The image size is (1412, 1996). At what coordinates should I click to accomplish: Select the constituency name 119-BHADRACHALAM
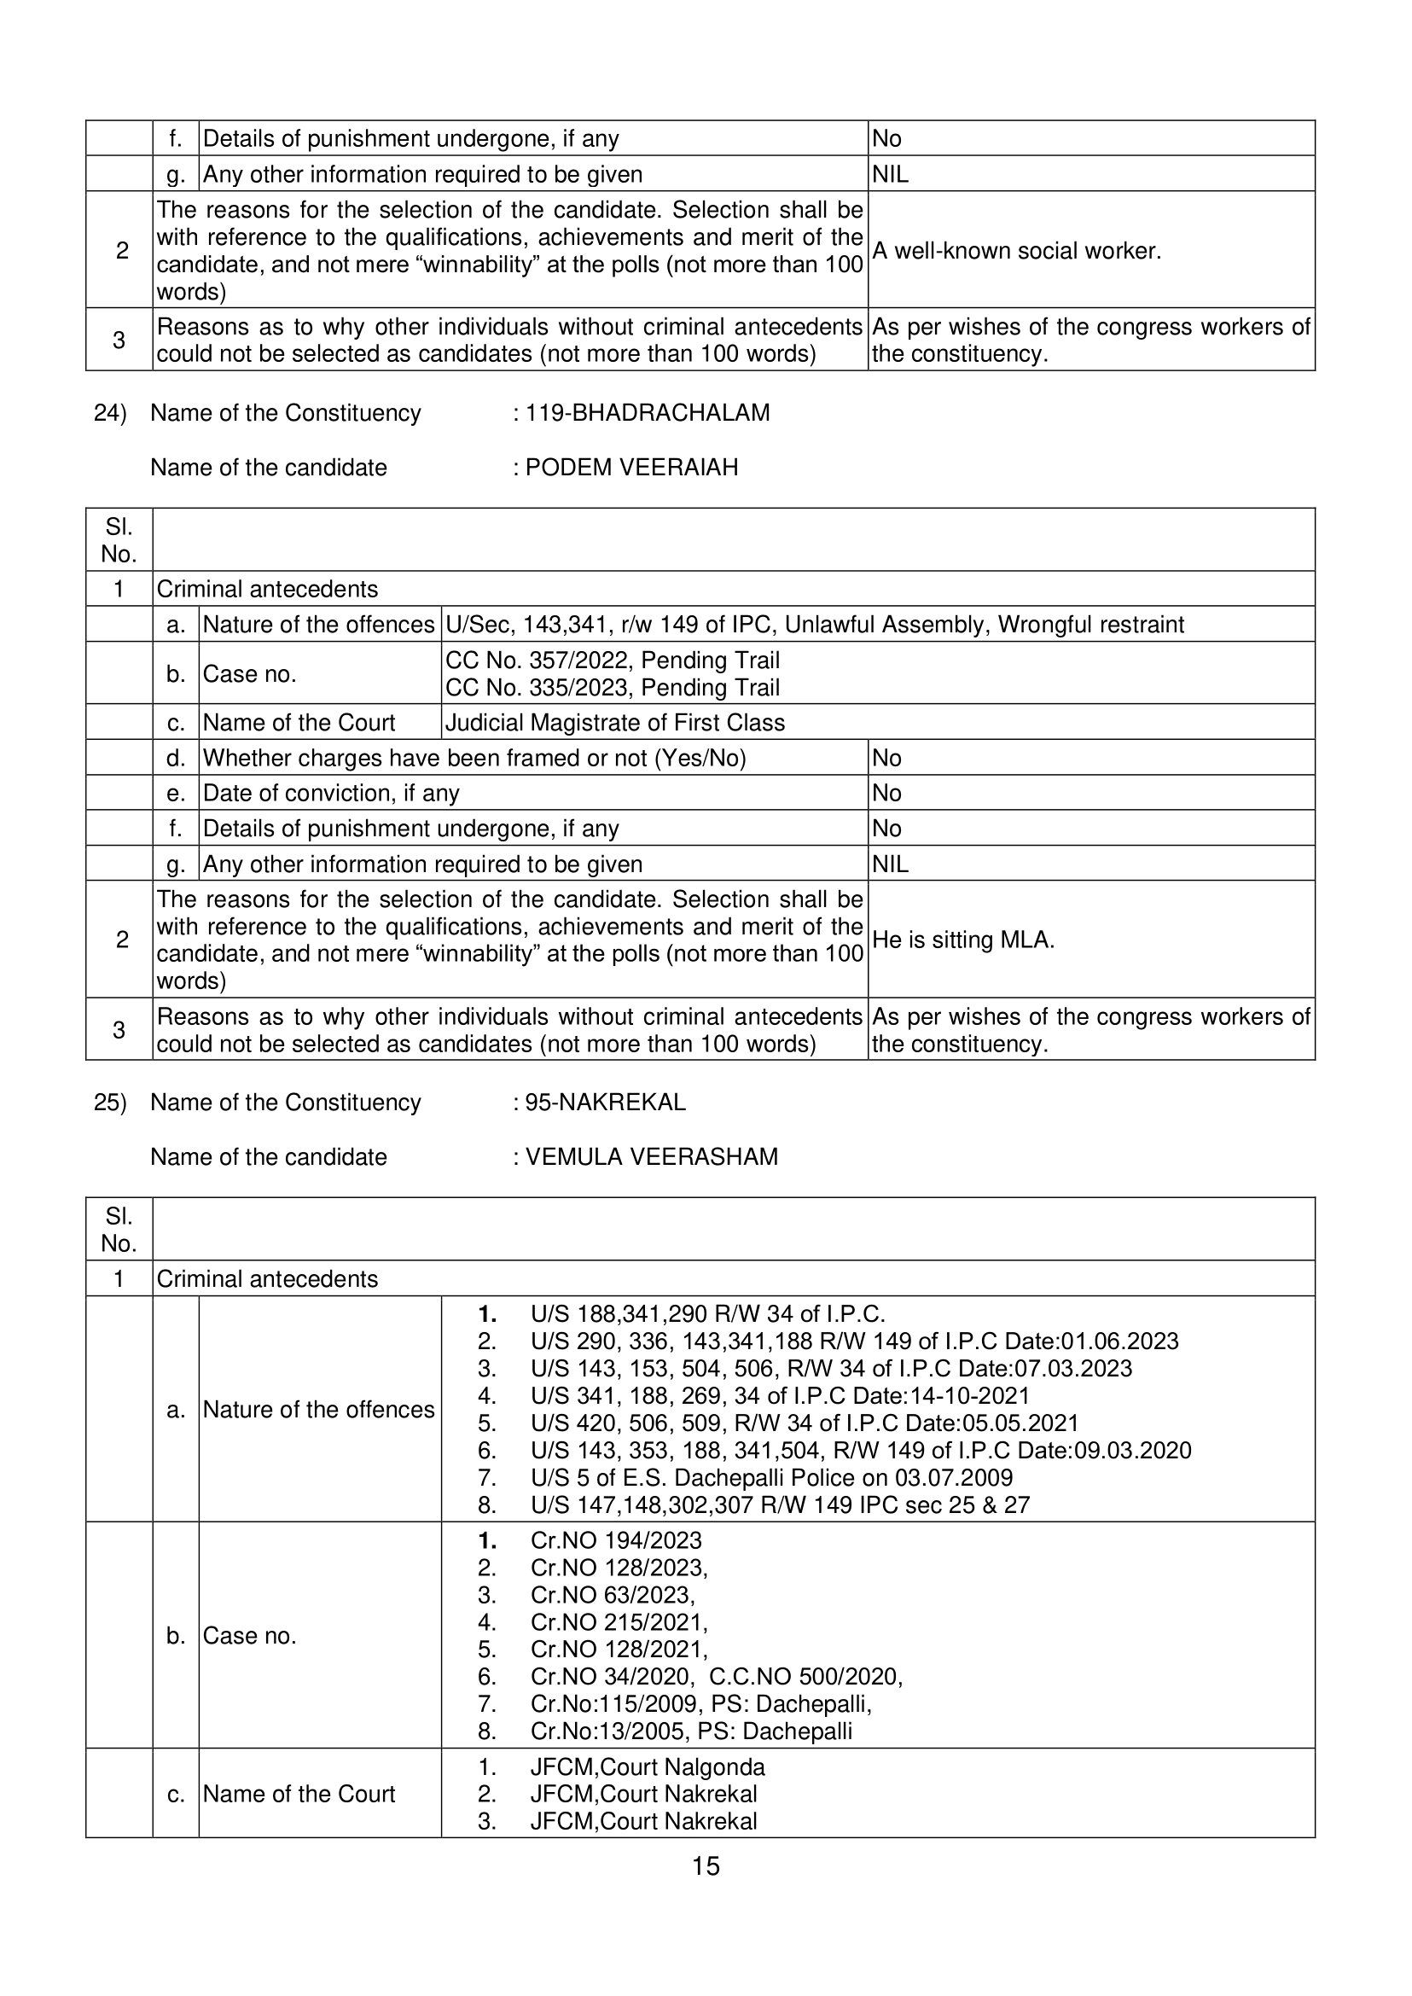647,413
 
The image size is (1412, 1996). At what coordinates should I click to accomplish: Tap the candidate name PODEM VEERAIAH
631,468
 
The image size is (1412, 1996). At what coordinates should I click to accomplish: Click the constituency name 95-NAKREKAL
605,1102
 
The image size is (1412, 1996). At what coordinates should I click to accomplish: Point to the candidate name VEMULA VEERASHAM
651,1156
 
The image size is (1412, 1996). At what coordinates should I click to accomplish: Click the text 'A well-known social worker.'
1016,252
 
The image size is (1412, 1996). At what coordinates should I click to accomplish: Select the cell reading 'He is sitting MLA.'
962,940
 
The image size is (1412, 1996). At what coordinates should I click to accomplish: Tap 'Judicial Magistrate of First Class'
614,723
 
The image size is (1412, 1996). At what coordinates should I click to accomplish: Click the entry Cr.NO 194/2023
616,1540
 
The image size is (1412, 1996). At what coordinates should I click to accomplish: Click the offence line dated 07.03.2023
830,1368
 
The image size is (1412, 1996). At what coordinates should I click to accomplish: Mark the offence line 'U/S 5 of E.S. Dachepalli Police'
771,1478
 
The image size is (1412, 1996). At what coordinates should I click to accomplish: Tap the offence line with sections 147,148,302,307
780,1504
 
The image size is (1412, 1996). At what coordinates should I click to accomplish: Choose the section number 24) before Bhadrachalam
110,413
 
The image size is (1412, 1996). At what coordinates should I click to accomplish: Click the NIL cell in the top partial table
891,175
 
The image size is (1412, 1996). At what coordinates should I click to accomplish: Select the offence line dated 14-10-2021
780,1396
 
